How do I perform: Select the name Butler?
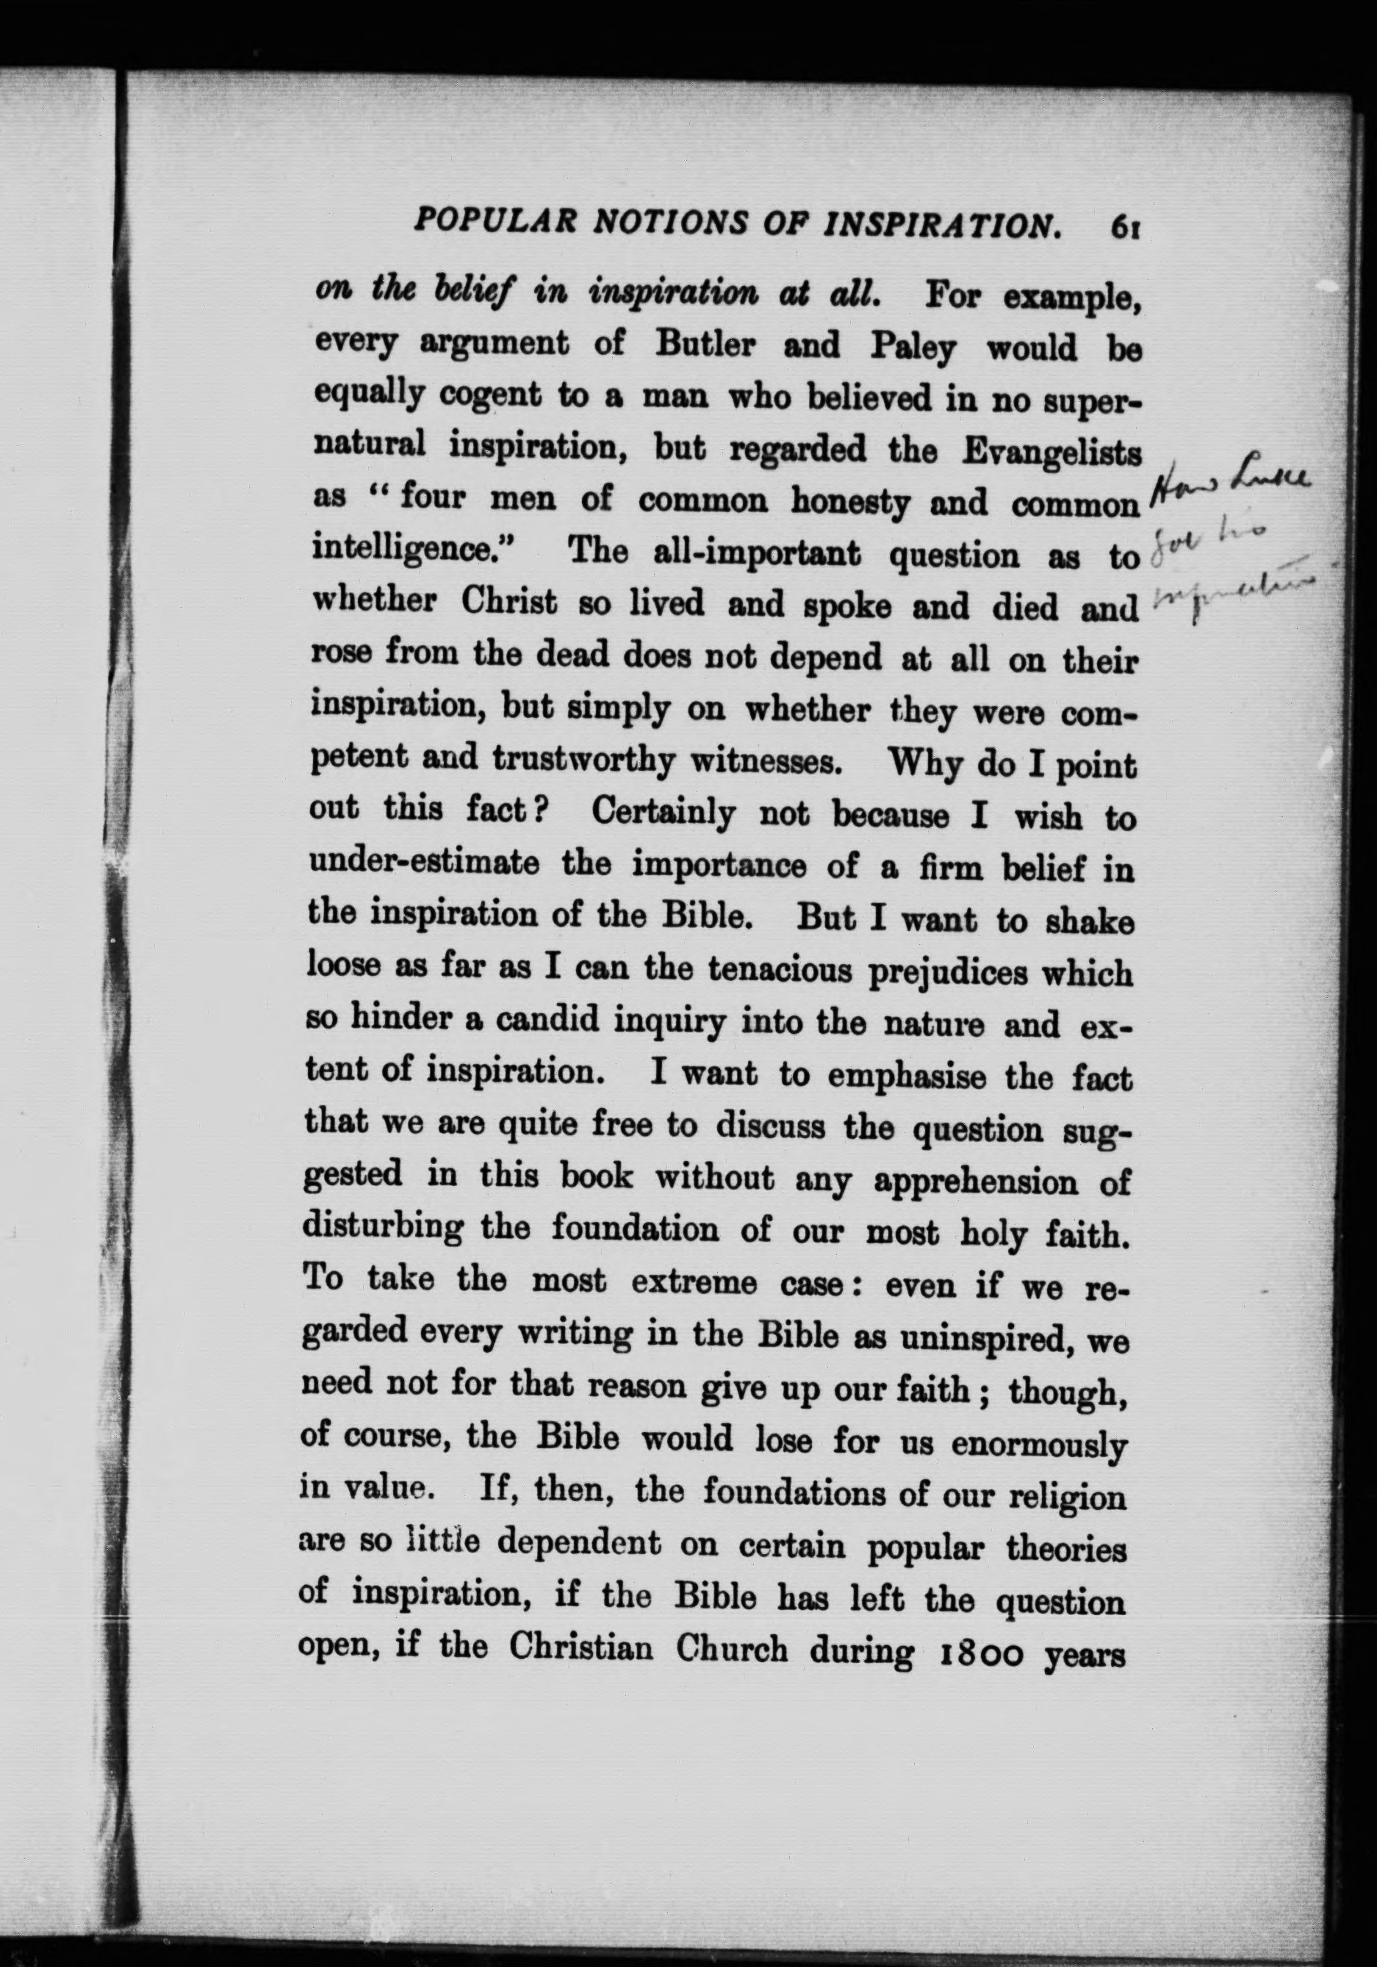(x=705, y=345)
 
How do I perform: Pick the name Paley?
(x=912, y=348)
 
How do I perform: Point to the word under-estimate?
(x=423, y=863)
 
